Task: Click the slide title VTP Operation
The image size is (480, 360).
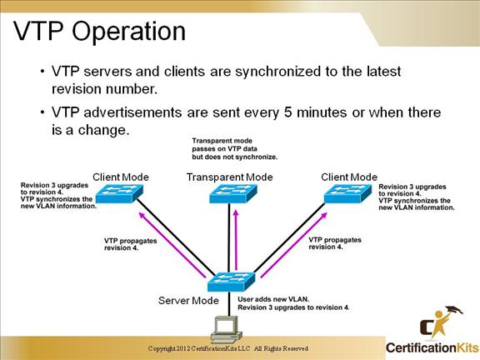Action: point(100,32)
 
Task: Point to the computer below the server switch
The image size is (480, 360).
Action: point(224,330)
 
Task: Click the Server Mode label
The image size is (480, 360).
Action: point(188,300)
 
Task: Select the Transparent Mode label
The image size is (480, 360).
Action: point(229,177)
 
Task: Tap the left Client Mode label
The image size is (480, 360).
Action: point(123,177)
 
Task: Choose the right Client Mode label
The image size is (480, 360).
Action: point(349,177)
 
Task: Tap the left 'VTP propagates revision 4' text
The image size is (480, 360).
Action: point(127,243)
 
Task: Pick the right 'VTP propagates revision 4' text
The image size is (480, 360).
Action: point(335,243)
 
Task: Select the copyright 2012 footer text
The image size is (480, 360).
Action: point(228,348)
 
